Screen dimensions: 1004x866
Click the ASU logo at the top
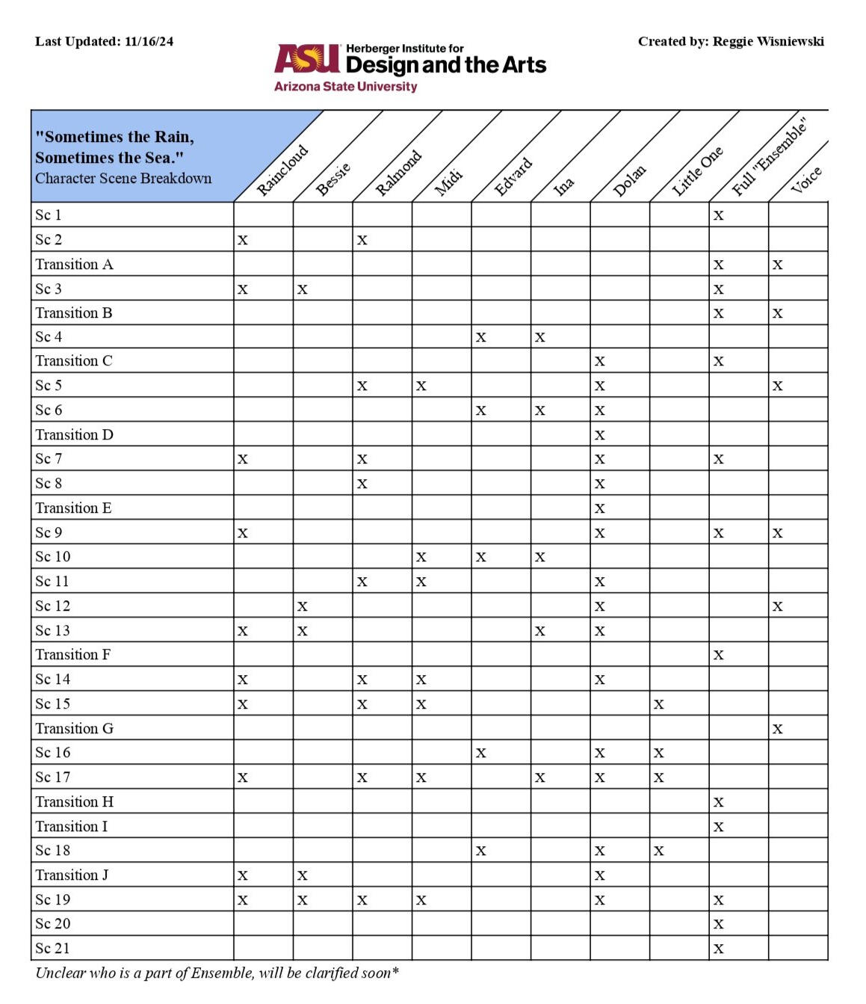(307, 58)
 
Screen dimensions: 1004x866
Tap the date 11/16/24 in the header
(149, 42)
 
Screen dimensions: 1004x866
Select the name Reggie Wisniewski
(768, 42)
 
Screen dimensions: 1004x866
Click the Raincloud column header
(282, 170)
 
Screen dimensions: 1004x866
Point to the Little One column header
(697, 171)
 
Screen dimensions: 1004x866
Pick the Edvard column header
(513, 176)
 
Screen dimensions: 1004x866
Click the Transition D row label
(74, 435)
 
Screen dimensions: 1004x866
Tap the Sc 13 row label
(52, 631)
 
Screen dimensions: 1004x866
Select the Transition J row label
(72, 875)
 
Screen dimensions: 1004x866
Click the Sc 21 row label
(52, 949)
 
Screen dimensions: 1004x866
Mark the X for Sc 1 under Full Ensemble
(718, 216)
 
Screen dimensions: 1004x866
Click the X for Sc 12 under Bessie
(302, 607)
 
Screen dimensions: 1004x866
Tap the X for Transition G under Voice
(778, 729)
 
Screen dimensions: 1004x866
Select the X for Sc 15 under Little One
(658, 704)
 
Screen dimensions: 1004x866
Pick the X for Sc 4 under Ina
(539, 338)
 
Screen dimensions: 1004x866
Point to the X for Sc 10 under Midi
(421, 558)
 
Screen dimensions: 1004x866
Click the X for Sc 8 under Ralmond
(362, 484)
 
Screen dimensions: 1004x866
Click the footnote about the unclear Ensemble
(217, 973)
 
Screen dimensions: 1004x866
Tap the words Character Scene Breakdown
(123, 179)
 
